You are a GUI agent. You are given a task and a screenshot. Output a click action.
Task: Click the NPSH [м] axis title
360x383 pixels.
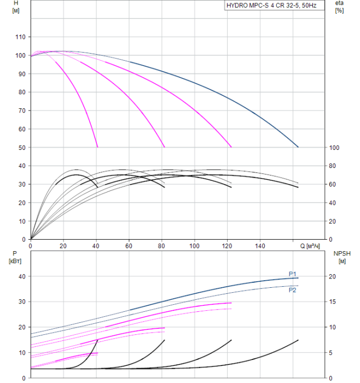(340, 257)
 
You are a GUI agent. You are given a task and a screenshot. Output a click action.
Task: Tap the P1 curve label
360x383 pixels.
(293, 274)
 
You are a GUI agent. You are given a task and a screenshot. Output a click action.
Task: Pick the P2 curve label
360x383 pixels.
(293, 290)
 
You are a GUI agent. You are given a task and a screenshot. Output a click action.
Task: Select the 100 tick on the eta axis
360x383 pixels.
(334, 148)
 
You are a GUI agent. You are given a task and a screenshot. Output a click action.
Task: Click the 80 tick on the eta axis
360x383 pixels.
(333, 166)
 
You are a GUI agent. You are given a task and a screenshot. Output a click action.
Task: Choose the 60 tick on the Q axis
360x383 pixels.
(129, 246)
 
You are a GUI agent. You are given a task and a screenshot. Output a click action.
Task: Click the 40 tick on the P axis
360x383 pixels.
(22, 276)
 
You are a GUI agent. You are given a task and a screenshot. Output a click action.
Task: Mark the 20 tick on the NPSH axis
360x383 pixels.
(336, 276)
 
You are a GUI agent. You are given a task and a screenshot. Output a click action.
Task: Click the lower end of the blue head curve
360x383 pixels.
(298, 147)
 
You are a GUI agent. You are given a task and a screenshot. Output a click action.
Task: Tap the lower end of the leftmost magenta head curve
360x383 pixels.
(97, 147)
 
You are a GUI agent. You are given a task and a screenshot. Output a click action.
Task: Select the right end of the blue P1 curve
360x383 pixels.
(298, 278)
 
